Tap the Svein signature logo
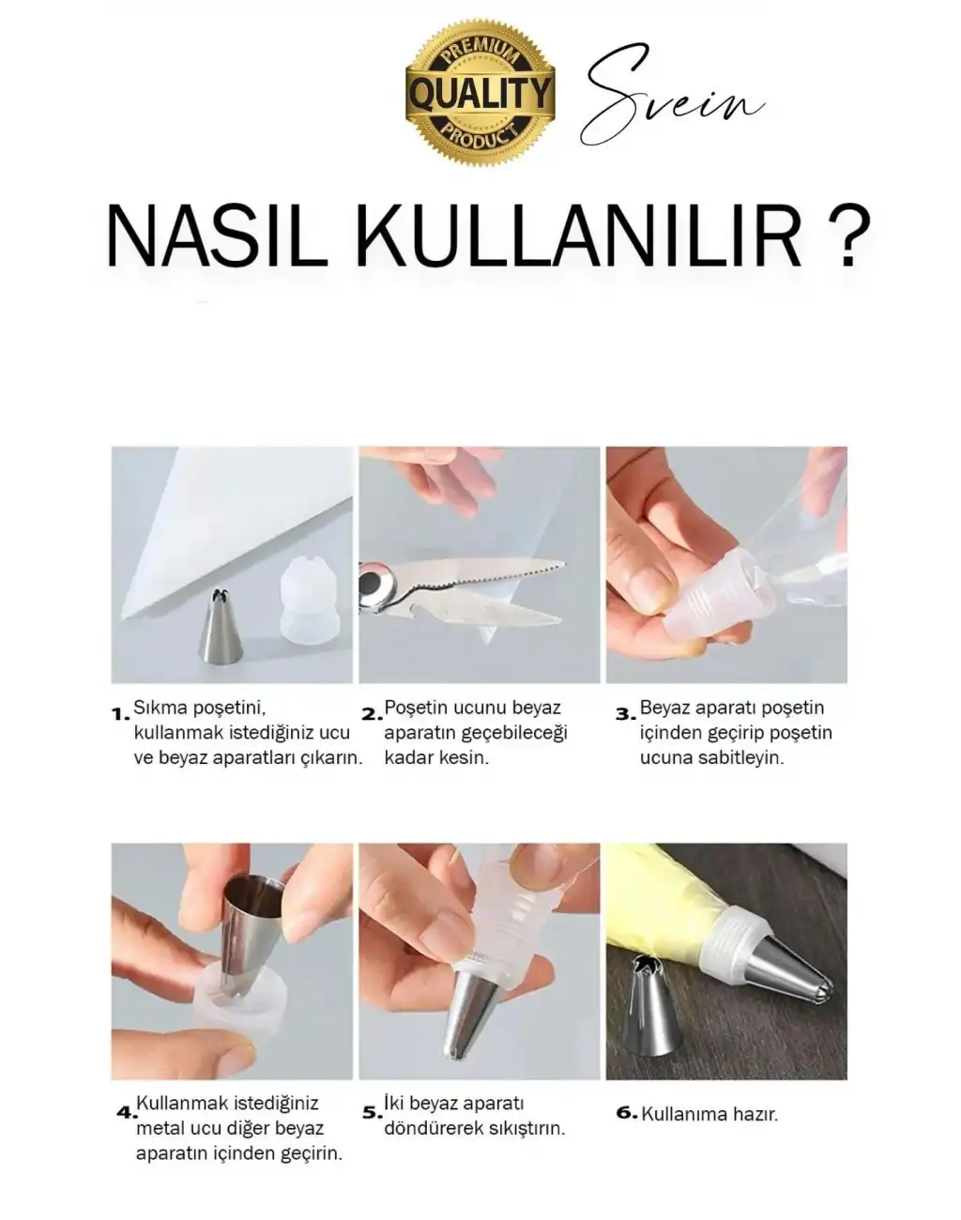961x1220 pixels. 670,98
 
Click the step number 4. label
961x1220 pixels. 126,1113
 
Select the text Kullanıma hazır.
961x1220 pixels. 709,1115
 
